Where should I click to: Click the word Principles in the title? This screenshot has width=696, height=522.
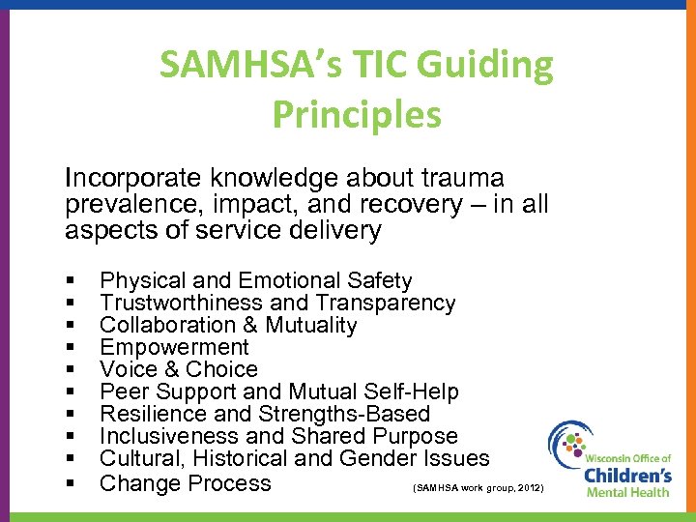point(357,113)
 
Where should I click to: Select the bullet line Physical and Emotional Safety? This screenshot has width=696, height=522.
point(256,280)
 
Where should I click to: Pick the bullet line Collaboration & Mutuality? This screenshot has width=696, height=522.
point(228,325)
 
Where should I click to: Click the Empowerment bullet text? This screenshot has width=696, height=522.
point(174,347)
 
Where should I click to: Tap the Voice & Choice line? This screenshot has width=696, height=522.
point(179,369)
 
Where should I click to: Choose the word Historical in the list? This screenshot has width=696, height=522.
point(242,458)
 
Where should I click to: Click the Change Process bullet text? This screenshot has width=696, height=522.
point(186,482)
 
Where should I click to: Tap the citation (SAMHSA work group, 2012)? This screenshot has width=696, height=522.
point(478,489)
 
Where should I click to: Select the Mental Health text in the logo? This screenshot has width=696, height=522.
point(628,492)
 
